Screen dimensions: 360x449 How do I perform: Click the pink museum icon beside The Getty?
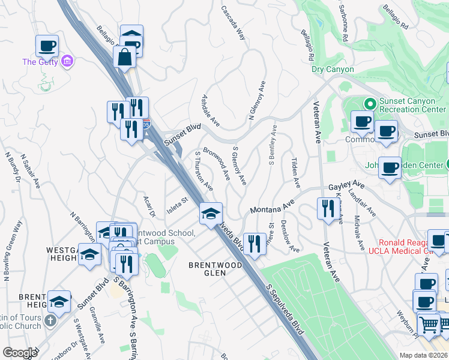67,61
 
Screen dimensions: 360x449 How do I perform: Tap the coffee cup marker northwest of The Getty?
47,46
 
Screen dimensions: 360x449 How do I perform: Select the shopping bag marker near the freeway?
124,58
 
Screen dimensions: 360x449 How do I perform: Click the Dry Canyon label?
333,70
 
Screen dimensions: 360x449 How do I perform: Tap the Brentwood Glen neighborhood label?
207,268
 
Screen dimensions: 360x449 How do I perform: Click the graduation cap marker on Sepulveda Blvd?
211,214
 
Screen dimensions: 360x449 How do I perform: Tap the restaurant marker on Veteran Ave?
328,209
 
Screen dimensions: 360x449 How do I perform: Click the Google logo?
19,353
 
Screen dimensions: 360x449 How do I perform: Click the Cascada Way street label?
233,23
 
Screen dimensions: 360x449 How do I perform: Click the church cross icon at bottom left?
50,320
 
